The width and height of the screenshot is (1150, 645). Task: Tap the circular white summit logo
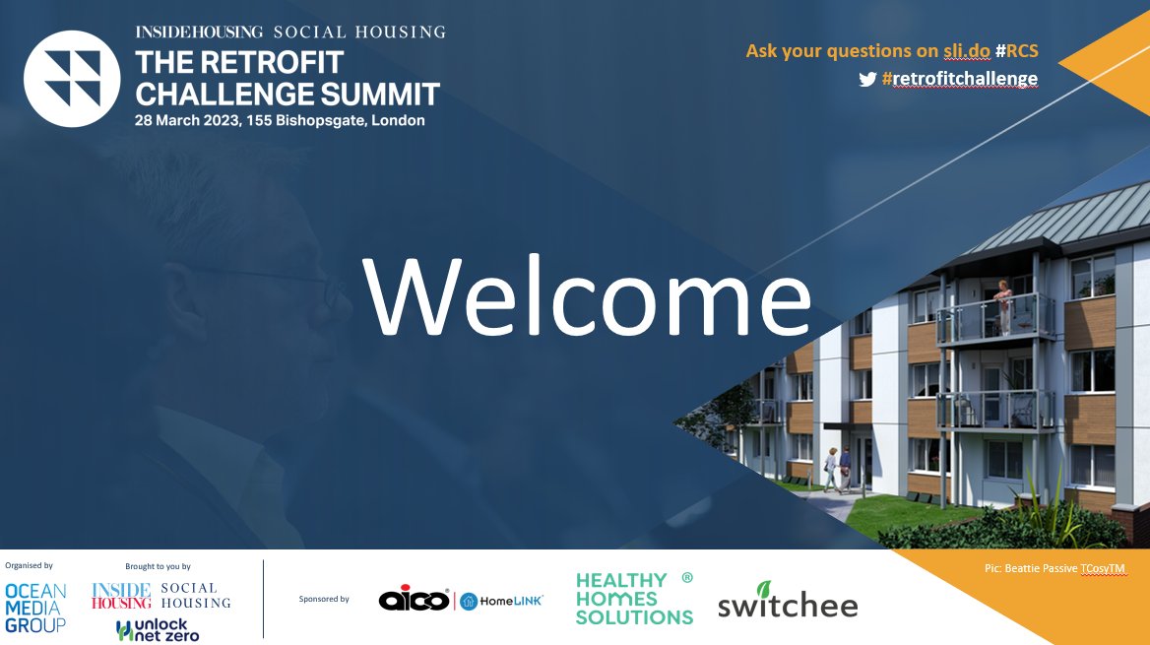[72, 79]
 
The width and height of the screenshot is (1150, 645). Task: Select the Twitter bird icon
[867, 79]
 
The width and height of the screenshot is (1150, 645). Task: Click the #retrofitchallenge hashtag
[959, 79]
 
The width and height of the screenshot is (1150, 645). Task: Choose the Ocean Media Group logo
[36, 608]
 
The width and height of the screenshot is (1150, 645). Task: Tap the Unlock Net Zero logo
[158, 630]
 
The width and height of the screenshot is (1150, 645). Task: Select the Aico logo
[415, 600]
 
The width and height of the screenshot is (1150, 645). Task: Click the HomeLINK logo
[502, 601]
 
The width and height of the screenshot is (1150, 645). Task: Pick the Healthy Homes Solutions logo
[634, 599]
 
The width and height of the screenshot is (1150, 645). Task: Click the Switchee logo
[787, 604]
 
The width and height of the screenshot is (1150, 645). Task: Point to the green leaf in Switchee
[764, 590]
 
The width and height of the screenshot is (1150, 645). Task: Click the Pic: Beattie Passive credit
[1054, 569]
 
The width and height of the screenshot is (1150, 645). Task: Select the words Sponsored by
[324, 599]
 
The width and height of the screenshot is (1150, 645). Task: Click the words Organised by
[30, 566]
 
